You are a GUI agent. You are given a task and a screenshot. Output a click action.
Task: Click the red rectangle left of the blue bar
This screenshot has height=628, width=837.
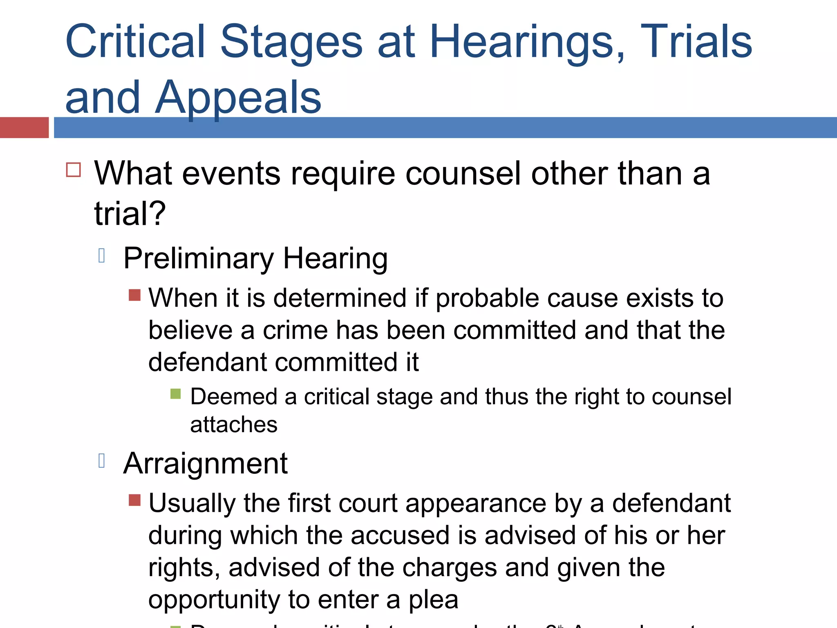click(24, 128)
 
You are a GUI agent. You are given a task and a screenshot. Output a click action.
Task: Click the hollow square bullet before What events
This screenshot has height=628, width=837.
click(74, 169)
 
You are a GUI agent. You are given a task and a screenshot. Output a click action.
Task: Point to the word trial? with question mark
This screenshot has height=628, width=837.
click(130, 213)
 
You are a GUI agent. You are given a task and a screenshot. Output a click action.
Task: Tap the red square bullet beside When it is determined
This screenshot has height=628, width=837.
click(134, 295)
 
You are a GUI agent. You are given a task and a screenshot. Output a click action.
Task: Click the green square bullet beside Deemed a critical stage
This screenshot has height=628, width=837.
click(175, 394)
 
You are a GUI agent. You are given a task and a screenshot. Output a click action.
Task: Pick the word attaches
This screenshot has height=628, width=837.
click(234, 424)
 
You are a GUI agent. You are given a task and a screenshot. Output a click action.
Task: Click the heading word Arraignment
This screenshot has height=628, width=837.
click(206, 464)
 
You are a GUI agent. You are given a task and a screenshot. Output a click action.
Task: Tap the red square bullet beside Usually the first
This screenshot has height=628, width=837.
click(134, 500)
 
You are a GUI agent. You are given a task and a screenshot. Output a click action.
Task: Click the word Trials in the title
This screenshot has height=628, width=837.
click(696, 42)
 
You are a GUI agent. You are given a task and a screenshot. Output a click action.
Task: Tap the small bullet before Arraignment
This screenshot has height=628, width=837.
click(102, 461)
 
